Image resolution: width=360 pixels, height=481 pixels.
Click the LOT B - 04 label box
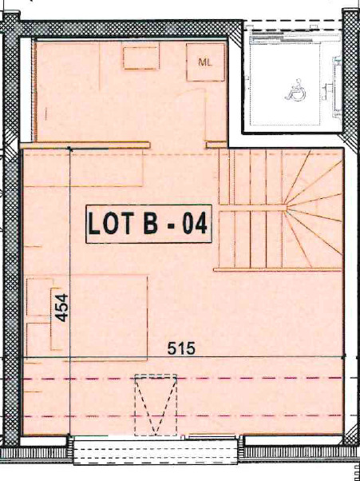[x=148, y=224]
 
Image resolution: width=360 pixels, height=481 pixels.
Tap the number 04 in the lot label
[x=194, y=225]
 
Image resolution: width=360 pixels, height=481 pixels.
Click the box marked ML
[x=206, y=62]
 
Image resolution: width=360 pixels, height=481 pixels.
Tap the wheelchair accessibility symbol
[x=293, y=90]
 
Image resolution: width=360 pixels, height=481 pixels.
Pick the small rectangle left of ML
[x=140, y=58]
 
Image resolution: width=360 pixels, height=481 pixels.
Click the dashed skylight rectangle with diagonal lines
[x=156, y=404]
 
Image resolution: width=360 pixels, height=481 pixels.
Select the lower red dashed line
[x=184, y=416]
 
